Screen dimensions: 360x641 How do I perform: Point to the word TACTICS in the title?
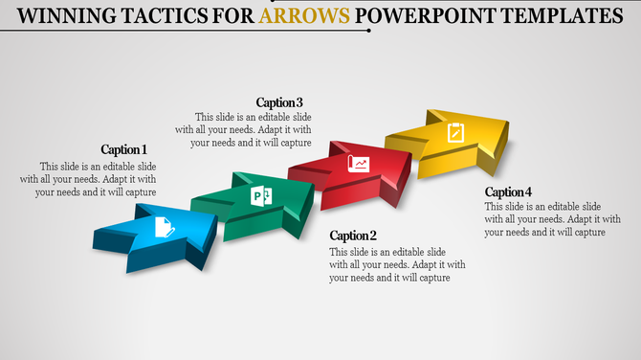point(151,16)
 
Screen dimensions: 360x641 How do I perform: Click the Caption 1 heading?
point(124,149)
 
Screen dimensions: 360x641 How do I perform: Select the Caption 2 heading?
point(353,236)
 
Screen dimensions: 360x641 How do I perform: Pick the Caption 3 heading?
point(280,102)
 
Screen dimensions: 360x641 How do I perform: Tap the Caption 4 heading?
point(508,192)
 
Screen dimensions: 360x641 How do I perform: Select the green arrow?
point(254,201)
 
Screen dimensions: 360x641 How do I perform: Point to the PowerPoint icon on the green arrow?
point(261,196)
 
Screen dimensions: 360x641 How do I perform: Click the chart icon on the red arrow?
point(359,163)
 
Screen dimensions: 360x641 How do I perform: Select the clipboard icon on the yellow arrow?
point(455,131)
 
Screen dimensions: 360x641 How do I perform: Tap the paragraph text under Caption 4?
point(545,219)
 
